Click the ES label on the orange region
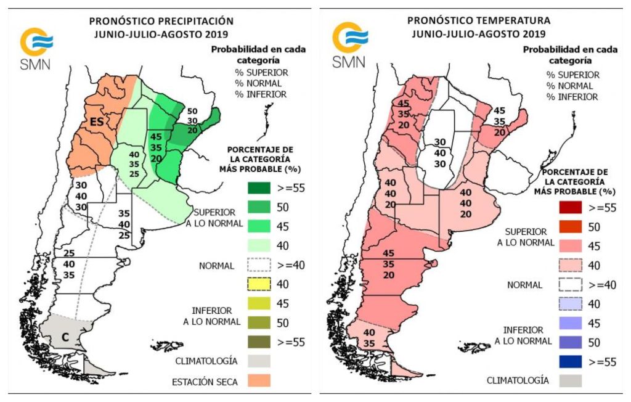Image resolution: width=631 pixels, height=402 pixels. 96,122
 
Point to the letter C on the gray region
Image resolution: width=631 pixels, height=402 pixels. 65,337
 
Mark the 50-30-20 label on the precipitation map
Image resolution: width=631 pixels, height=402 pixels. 193,120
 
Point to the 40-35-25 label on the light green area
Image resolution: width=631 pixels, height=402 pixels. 134,165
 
